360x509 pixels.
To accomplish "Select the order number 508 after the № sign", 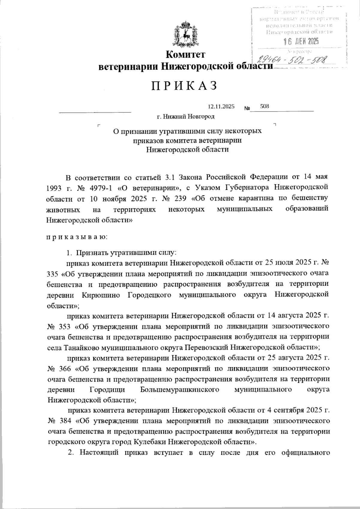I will (265, 106).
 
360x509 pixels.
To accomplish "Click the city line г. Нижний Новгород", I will (186, 116).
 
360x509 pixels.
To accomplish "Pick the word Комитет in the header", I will (186, 54).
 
